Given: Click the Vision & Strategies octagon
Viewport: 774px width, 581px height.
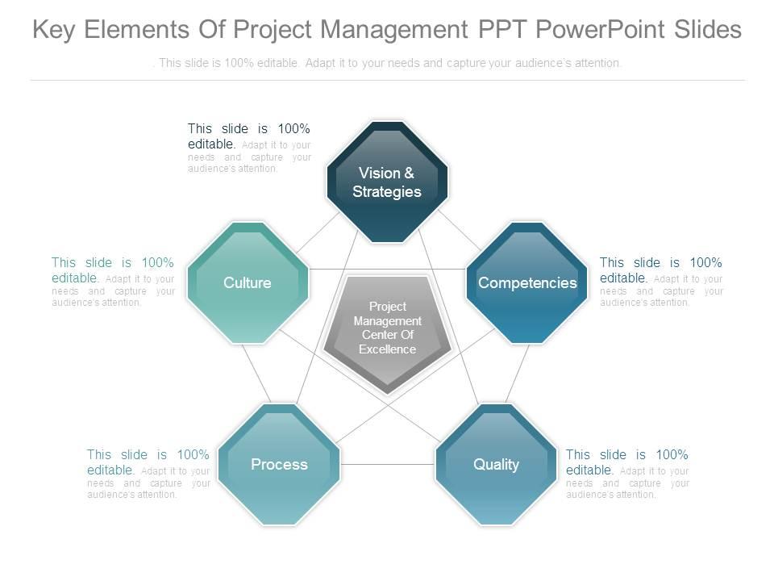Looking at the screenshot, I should tap(387, 182).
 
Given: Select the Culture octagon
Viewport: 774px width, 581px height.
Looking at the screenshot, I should tap(248, 283).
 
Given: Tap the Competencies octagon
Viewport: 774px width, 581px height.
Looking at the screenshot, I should tap(527, 283).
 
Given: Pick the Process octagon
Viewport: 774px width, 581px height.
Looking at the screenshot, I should tap(279, 465).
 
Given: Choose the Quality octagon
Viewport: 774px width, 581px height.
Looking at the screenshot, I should tap(496, 465).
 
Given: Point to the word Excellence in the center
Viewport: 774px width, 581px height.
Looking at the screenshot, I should tap(387, 349).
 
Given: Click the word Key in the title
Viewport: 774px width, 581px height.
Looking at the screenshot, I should tap(54, 30).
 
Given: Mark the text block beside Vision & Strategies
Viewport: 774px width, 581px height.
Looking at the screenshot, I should tap(249, 148).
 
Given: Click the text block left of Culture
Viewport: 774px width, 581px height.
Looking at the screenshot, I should tap(113, 282).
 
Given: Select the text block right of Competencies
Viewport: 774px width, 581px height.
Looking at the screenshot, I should tap(661, 282).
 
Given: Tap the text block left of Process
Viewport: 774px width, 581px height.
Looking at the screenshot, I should tap(148, 474).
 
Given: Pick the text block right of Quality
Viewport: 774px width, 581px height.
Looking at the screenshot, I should tap(627, 474).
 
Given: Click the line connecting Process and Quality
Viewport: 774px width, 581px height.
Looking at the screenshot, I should tap(387, 465).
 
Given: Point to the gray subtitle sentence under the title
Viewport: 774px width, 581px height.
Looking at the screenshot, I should tap(387, 63).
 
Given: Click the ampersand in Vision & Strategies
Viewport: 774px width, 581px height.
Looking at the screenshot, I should tap(409, 173).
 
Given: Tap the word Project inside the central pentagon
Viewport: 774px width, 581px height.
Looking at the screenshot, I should tap(387, 307).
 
